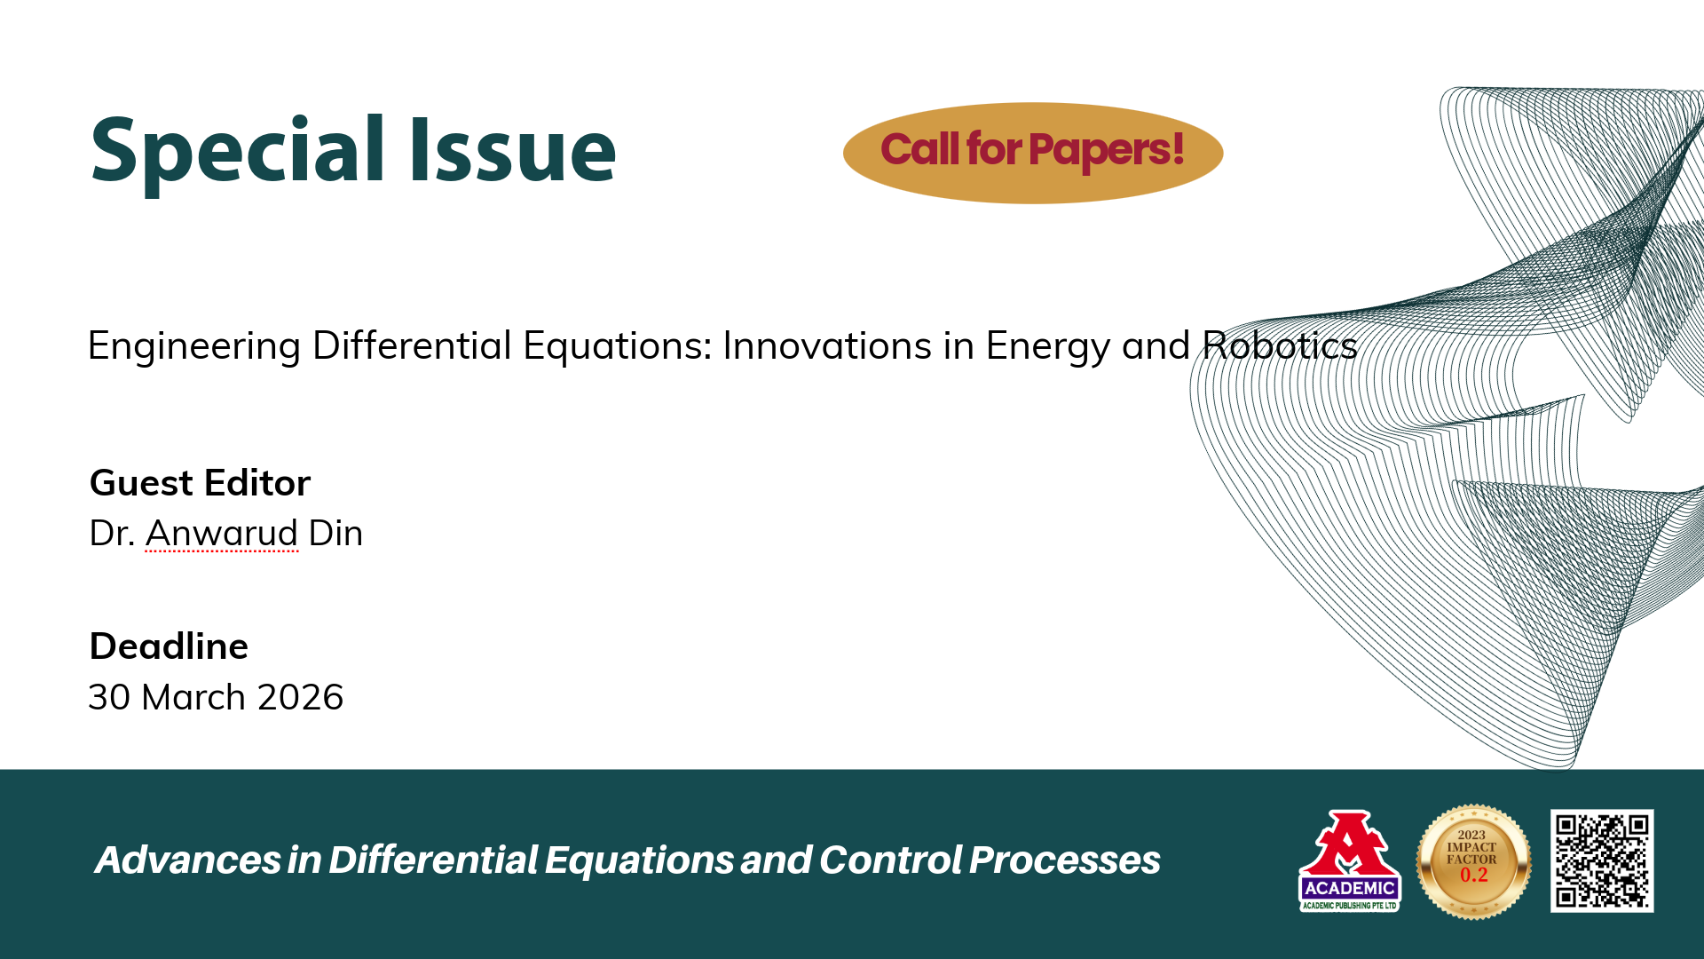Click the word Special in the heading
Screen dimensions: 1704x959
238,151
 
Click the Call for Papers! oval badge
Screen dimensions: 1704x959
1033,153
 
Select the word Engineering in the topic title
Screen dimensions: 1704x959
194,346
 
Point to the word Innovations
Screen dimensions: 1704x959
827,345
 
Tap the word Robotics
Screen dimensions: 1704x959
1280,345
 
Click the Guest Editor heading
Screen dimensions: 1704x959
201,483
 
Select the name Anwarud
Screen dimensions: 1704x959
222,533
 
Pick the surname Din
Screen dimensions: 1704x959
335,533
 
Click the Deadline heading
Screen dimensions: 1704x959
169,646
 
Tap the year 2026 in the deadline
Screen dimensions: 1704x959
300,697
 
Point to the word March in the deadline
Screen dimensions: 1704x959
193,697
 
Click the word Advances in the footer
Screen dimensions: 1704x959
188,860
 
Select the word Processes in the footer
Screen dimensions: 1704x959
1064,860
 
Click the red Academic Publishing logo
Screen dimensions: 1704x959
1349,860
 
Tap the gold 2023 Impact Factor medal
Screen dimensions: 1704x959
1473,861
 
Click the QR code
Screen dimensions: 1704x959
1602,860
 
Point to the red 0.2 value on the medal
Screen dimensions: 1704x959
1473,876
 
